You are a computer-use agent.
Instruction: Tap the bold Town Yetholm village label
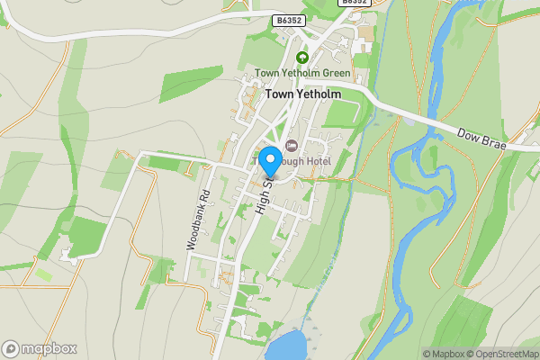(x=302, y=94)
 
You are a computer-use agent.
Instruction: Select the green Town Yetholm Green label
(x=302, y=73)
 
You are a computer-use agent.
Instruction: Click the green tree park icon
(x=302, y=57)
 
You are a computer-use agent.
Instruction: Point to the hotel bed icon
(x=290, y=146)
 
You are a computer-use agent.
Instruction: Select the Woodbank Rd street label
(x=198, y=219)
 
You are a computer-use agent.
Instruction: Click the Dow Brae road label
(x=482, y=137)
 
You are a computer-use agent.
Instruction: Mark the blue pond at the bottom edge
(x=286, y=346)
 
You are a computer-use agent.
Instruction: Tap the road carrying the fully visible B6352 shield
(x=225, y=23)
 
